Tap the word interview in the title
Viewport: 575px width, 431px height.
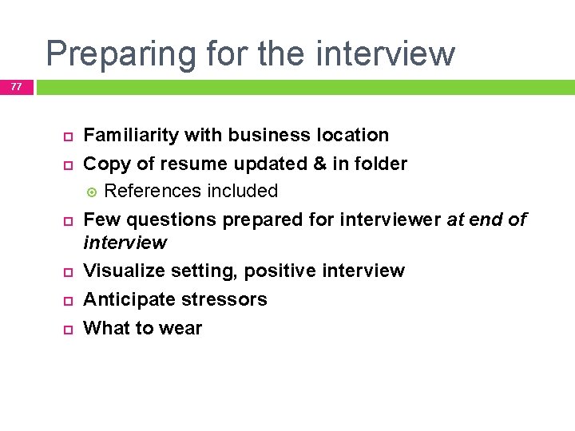(x=386, y=53)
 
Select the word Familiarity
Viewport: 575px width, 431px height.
(x=132, y=135)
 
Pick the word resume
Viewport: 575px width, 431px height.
(x=196, y=164)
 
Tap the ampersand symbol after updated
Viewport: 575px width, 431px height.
(x=319, y=164)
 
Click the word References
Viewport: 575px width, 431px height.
(x=153, y=191)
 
